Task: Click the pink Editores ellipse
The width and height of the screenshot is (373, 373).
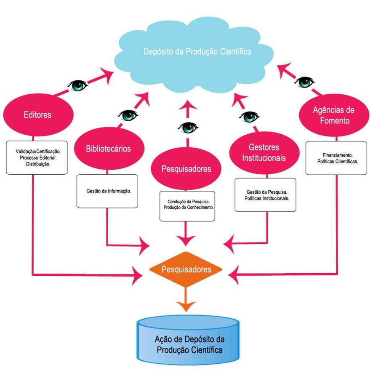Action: (38, 114)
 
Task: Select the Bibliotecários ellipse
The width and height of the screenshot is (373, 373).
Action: (109, 148)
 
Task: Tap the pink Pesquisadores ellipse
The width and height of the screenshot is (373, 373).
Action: (186, 169)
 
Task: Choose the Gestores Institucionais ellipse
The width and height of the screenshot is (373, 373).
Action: (264, 152)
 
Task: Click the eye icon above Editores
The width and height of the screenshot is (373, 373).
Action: (77, 85)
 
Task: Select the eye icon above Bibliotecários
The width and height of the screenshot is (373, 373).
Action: (127, 115)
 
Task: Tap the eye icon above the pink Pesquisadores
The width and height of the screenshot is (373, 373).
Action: (188, 127)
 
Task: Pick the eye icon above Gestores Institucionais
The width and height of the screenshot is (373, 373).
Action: (249, 116)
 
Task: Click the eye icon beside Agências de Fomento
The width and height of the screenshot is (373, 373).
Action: (304, 82)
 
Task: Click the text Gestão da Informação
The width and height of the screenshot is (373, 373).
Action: (107, 191)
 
